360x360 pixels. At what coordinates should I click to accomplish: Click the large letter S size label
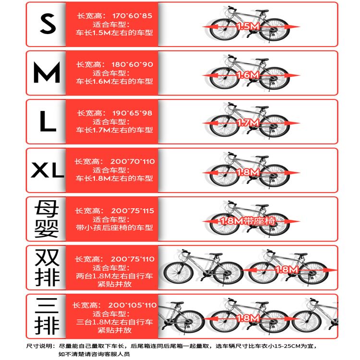tap(48, 24)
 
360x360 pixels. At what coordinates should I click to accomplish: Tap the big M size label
tap(47, 72)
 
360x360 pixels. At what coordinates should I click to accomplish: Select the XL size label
tap(48, 170)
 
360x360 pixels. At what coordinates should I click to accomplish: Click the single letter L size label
tap(48, 121)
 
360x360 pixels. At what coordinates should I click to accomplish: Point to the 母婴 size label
tap(47, 219)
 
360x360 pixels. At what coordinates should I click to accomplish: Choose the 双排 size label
tap(47, 267)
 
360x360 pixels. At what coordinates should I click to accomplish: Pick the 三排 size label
tap(47, 316)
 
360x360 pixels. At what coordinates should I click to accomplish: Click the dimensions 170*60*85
tap(132, 16)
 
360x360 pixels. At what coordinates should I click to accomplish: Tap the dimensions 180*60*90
tap(132, 64)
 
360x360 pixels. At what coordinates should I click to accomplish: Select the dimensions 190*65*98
tap(132, 113)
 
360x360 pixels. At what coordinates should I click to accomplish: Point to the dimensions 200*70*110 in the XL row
tap(132, 162)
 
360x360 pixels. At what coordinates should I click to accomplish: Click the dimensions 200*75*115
tap(132, 211)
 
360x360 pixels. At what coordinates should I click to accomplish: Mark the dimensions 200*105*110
tap(132, 305)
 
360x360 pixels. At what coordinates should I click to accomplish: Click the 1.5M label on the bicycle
tap(248, 26)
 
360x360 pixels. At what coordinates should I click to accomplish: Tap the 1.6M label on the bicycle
tap(248, 75)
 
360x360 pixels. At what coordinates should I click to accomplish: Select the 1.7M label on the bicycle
tap(248, 123)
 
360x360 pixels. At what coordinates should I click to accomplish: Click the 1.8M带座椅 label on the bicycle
tap(248, 221)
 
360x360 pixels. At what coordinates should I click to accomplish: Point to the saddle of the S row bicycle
tap(262, 11)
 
